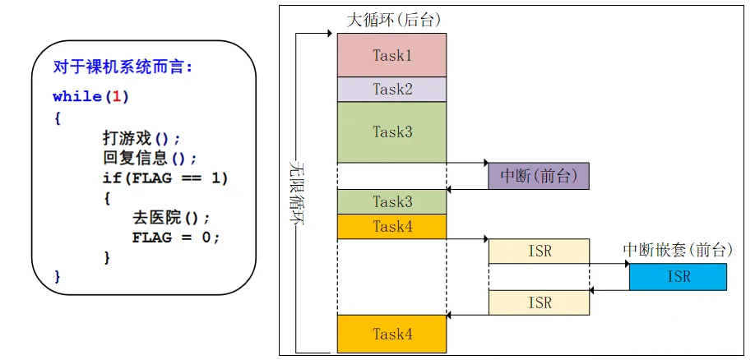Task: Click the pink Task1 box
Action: [391, 55]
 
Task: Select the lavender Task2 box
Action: [391, 89]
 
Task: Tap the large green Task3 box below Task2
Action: [391, 132]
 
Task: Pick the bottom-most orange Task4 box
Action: [391, 334]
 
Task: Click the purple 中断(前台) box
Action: [539, 176]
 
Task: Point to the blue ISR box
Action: [678, 277]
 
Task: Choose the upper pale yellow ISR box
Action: [539, 252]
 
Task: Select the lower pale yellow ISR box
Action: [539, 302]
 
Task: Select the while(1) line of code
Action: [90, 97]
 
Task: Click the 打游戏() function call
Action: [141, 137]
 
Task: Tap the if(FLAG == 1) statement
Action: [164, 178]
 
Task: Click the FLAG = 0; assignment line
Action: [176, 238]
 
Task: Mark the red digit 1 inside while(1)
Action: [116, 97]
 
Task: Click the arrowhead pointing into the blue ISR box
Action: [626, 265]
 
